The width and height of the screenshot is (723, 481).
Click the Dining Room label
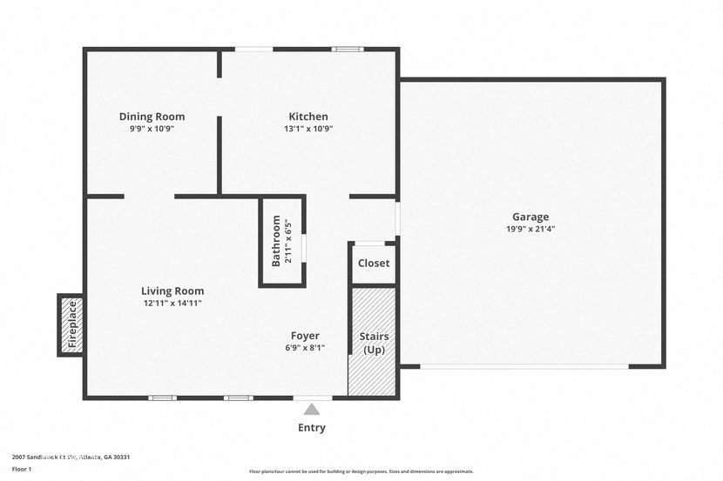tap(152, 117)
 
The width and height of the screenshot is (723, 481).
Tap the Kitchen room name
tap(308, 117)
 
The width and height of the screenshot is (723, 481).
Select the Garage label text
tap(530, 217)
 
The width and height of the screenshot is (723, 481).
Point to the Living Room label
tap(172, 291)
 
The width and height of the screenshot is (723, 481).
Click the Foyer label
tap(305, 336)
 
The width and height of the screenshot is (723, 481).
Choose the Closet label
tap(374, 263)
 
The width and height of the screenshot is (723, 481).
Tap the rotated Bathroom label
tap(276, 241)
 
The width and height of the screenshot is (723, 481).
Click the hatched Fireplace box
tap(71, 324)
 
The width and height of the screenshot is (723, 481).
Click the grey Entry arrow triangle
tap(312, 409)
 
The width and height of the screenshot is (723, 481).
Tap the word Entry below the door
tap(312, 427)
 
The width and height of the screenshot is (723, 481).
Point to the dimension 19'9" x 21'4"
tap(530, 230)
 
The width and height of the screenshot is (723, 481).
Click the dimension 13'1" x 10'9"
tap(308, 129)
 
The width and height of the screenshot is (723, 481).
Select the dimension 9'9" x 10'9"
tap(152, 129)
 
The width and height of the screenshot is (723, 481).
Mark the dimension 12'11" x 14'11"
tap(172, 304)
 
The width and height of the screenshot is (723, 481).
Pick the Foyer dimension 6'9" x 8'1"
tap(305, 348)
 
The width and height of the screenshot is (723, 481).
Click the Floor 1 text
tap(22, 469)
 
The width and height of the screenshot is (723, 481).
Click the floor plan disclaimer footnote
tap(361, 471)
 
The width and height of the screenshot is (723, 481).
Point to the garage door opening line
tap(524, 366)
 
